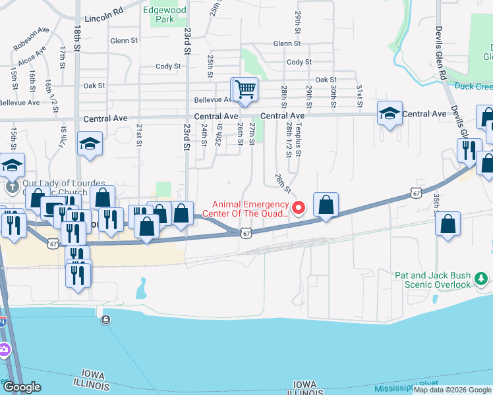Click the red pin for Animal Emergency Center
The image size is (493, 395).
(x=298, y=209)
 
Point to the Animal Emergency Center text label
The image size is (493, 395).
(x=250, y=209)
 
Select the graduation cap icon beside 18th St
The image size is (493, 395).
(x=89, y=144)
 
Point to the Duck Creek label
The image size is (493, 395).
(x=473, y=86)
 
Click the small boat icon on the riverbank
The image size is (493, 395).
(x=106, y=321)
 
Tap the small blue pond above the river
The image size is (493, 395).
(x=142, y=286)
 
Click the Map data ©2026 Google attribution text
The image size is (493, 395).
(x=452, y=390)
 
